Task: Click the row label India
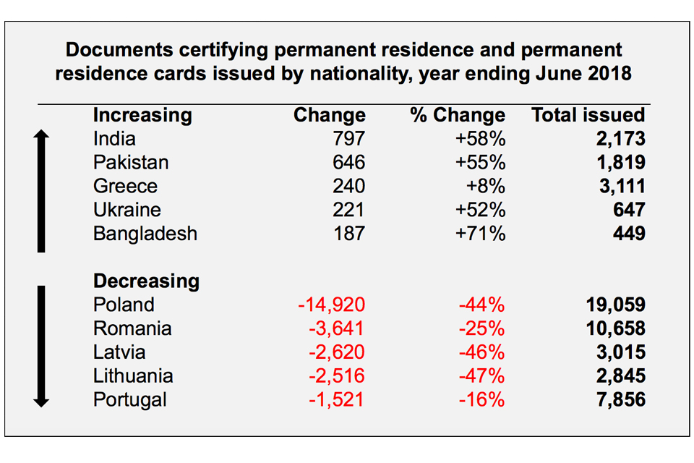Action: point(114,138)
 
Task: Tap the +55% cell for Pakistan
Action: point(480,162)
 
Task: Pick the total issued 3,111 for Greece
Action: point(620,186)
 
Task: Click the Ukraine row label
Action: point(127,210)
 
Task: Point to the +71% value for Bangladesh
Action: point(480,234)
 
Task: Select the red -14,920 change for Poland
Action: point(331,305)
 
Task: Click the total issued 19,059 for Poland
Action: point(614,305)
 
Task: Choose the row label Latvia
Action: point(119,352)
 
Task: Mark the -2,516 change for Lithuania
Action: point(335,376)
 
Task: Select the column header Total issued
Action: point(588,115)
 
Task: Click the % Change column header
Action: point(458,115)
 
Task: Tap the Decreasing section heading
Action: point(146,281)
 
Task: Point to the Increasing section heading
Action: point(142,115)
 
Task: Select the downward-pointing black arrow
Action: point(41,346)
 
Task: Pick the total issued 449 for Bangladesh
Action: point(628,234)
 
